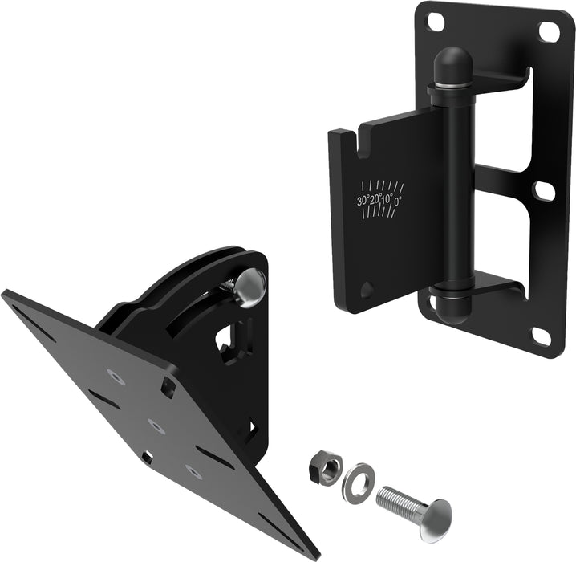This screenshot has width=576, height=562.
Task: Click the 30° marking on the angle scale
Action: click(363, 201)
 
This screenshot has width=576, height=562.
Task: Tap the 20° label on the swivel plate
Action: click(375, 200)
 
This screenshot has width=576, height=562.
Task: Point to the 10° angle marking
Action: click(387, 199)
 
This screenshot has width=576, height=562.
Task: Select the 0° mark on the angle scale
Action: click(398, 201)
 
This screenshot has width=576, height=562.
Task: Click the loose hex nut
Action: click(326, 469)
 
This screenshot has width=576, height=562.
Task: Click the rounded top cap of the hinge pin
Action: click(453, 63)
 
